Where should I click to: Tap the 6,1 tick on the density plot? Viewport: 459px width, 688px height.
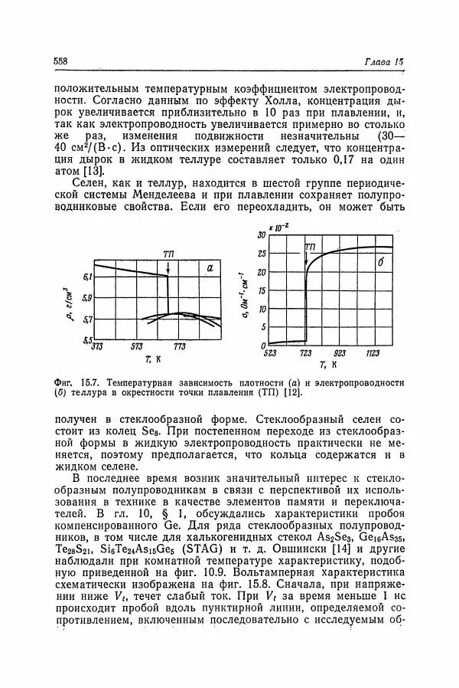pyautogui.click(x=86, y=275)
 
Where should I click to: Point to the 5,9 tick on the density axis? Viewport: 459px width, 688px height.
pyautogui.click(x=86, y=297)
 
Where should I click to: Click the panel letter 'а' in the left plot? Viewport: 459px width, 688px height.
pyautogui.click(x=209, y=267)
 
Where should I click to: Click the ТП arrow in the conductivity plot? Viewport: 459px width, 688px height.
pyautogui.click(x=308, y=257)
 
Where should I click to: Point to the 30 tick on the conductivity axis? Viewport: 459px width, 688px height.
pyautogui.click(x=259, y=234)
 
